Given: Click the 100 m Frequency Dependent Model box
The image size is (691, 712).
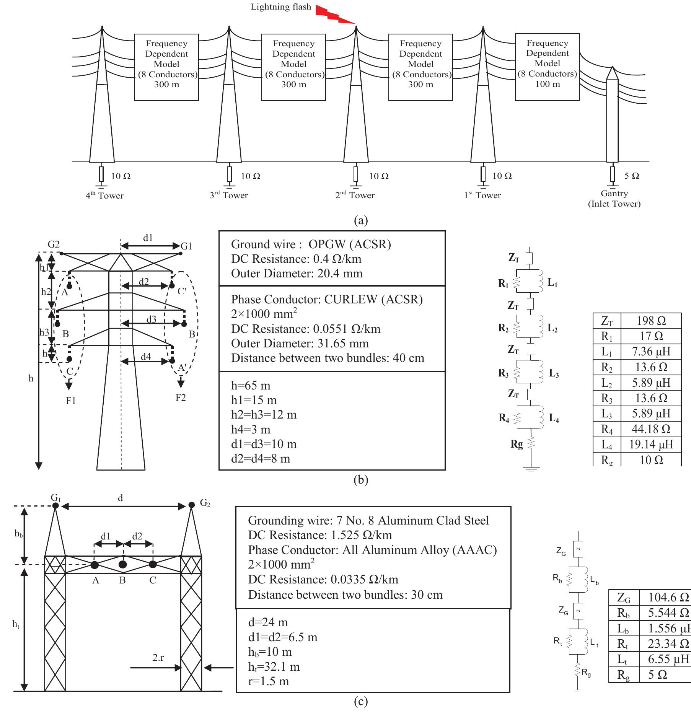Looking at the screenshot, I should click(x=547, y=67).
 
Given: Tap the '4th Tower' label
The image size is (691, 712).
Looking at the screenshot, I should click(x=104, y=196).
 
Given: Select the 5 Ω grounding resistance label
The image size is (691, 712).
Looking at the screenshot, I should click(x=632, y=176).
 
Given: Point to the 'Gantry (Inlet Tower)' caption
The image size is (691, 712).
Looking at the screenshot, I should click(x=614, y=199).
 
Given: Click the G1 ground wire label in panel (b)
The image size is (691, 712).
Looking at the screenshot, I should click(x=186, y=246).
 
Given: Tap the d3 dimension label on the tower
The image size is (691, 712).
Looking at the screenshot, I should click(x=152, y=319).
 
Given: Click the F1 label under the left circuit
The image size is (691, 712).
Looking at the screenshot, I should click(x=71, y=401).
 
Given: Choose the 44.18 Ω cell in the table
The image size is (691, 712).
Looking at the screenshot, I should click(x=651, y=429).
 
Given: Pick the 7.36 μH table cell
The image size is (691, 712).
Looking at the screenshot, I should click(x=651, y=352).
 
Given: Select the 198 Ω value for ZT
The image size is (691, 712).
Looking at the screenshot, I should click(x=651, y=321).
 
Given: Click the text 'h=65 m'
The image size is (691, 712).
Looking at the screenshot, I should click(x=251, y=385).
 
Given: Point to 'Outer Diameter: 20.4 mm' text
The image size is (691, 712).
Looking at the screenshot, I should click(x=297, y=274).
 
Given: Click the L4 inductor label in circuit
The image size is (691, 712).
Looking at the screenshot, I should click(x=554, y=418).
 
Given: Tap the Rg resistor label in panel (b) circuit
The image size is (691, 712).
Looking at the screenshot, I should click(x=517, y=444).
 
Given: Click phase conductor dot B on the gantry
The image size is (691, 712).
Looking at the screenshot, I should click(x=122, y=564).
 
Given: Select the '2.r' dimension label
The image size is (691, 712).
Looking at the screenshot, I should click(x=158, y=657).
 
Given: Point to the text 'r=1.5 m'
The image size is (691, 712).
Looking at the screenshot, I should click(x=268, y=681).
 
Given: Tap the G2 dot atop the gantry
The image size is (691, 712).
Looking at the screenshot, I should click(x=192, y=505).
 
